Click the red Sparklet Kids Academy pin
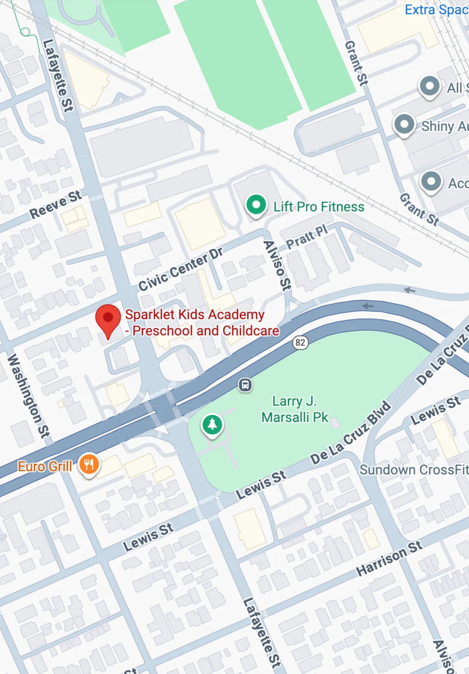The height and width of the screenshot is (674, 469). (108, 319)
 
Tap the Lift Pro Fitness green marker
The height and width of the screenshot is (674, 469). (256, 205)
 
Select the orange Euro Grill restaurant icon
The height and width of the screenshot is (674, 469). (89, 464)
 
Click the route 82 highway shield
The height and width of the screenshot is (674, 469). (300, 342)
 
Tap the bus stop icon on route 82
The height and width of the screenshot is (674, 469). (245, 385)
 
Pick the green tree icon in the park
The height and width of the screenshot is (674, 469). (212, 425)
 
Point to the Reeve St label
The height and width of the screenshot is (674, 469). (55, 204)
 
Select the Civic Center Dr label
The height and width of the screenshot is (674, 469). (180, 269)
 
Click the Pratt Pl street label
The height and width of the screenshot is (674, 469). (306, 237)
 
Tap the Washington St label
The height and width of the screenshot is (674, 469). (28, 396)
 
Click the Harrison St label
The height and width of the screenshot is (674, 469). (389, 558)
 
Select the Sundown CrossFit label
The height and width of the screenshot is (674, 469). (413, 470)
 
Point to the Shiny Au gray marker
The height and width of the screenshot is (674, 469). (404, 125)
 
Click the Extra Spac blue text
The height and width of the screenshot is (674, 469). (436, 9)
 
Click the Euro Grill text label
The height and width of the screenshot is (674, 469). (45, 466)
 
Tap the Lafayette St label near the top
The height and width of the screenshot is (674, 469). (58, 76)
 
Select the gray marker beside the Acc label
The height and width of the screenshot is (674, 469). (431, 181)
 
